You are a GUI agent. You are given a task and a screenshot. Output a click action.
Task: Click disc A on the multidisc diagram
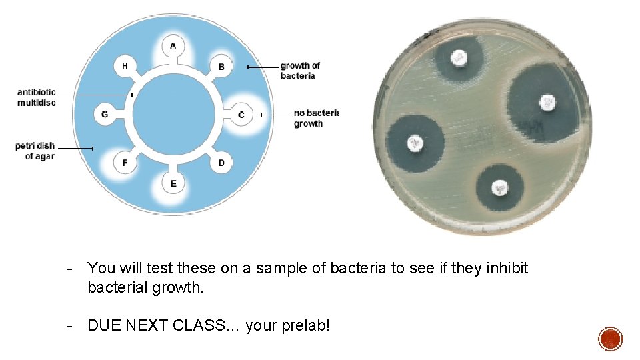pyautogui.click(x=173, y=46)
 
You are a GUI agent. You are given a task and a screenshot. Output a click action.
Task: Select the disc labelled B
pyautogui.click(x=221, y=67)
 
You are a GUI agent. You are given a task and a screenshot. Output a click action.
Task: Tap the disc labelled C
pyautogui.click(x=241, y=115)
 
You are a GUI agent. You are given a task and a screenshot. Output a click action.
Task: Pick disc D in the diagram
pyautogui.click(x=221, y=163)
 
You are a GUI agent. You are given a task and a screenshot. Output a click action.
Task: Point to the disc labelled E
pyautogui.click(x=173, y=183)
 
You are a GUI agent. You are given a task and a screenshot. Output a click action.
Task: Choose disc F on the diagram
pyautogui.click(x=125, y=163)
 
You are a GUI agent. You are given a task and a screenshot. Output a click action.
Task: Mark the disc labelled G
pyautogui.click(x=105, y=115)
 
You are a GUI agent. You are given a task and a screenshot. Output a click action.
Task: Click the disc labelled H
pyautogui.click(x=125, y=67)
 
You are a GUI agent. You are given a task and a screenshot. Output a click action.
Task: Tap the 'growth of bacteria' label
pyautogui.click(x=299, y=71)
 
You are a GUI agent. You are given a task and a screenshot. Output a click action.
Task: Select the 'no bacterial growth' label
pyautogui.click(x=315, y=119)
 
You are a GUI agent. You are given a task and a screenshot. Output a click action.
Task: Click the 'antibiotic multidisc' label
pyautogui.click(x=37, y=97)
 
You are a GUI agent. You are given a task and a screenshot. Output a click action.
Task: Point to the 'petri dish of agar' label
pyautogui.click(x=36, y=151)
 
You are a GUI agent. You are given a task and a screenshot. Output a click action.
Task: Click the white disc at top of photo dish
pyautogui.click(x=459, y=58)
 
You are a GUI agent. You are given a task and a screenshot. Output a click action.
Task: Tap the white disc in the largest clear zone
pyautogui.click(x=547, y=103)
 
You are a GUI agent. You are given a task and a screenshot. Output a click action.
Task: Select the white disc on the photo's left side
pyautogui.click(x=416, y=143)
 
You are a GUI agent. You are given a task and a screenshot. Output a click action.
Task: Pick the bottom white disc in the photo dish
pyautogui.click(x=499, y=189)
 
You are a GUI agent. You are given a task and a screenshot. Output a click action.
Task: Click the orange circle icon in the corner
pyautogui.click(x=610, y=339)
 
